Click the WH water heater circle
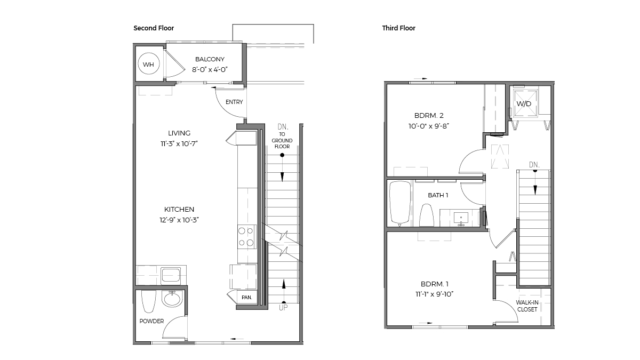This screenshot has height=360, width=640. click(x=148, y=65)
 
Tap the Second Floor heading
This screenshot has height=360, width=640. click(x=154, y=28)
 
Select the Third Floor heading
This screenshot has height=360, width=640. click(x=398, y=28)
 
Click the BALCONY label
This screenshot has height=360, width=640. click(x=210, y=59)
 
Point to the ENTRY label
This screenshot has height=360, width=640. click(x=234, y=102)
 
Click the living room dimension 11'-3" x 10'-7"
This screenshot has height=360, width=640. click(x=179, y=143)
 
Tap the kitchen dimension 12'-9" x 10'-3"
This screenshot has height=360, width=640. click(x=179, y=220)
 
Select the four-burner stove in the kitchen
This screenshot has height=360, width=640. click(x=246, y=237)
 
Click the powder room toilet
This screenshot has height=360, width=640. click(x=148, y=302)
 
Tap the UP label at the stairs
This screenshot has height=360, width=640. click(x=283, y=308)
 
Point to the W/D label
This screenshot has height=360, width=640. click(x=523, y=103)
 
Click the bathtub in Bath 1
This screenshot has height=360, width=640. click(x=399, y=203)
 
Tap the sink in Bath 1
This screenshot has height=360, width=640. click(x=461, y=218)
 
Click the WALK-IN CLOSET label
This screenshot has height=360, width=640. click(x=527, y=306)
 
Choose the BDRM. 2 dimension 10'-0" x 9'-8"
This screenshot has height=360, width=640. click(x=429, y=126)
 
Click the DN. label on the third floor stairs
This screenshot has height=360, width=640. click(x=534, y=165)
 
